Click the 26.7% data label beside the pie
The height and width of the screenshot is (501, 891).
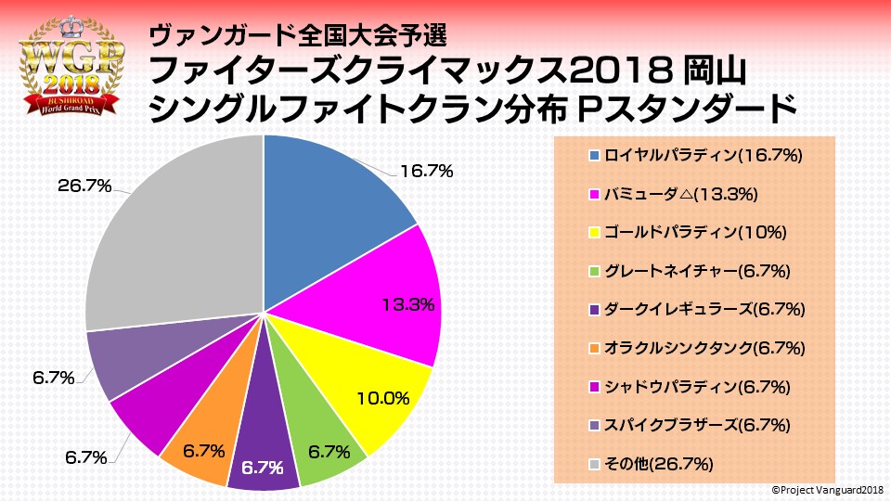pos(84,186)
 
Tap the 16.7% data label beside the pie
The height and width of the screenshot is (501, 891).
pos(426,171)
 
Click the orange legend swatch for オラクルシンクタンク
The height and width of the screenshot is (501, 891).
pos(595,348)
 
